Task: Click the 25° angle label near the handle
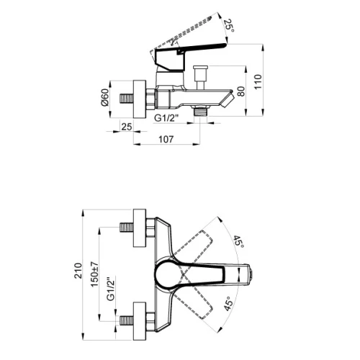[229, 26]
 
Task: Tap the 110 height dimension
[258, 82]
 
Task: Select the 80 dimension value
[241, 91]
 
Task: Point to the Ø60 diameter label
[105, 97]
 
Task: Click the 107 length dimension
[166, 139]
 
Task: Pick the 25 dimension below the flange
[127, 127]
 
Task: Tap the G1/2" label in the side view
[167, 118]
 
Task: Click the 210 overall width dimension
[78, 271]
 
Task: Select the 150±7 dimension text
[94, 274]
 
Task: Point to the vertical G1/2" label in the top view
[111, 289]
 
